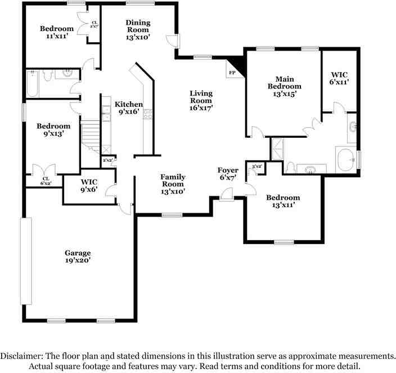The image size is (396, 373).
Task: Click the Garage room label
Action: click(x=78, y=257)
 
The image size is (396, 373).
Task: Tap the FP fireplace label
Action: click(x=232, y=73)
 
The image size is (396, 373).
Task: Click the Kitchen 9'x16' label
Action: click(x=129, y=108)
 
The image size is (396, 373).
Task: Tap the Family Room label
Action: click(x=173, y=184)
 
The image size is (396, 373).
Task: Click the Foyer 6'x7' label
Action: click(x=228, y=174)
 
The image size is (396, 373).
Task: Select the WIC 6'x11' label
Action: click(x=339, y=78)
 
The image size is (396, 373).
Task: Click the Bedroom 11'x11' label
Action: click(x=56, y=33)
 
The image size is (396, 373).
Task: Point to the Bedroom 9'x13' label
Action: click(x=53, y=130)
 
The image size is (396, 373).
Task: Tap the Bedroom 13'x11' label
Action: click(x=283, y=201)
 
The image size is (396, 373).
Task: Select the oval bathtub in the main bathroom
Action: click(x=345, y=160)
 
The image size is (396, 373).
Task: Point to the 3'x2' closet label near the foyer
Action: click(x=256, y=166)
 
